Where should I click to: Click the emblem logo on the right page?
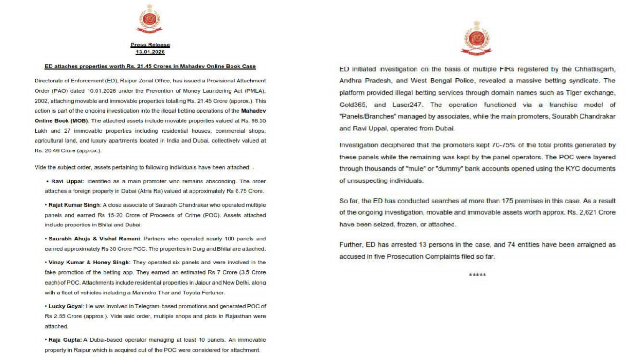(x=477, y=37)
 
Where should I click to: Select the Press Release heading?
(x=150, y=45)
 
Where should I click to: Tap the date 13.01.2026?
(x=150, y=52)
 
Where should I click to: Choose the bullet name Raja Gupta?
(x=64, y=339)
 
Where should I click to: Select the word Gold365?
(x=353, y=105)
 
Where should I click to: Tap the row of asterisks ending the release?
(x=477, y=275)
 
